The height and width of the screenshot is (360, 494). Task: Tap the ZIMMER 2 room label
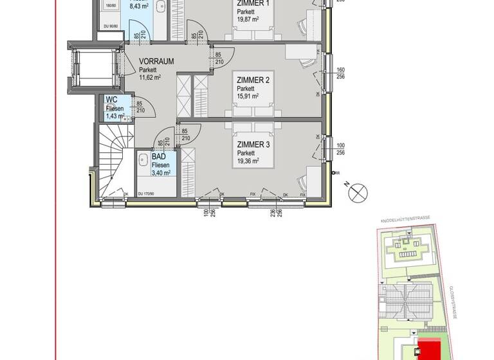[x=252, y=80]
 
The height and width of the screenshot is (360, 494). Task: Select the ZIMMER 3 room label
[x=253, y=145]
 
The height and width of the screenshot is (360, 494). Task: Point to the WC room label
[x=111, y=100]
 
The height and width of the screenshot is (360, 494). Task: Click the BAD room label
[x=159, y=156]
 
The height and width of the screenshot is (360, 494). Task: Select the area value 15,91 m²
[x=248, y=96]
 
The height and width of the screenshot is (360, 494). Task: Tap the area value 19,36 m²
[x=248, y=162]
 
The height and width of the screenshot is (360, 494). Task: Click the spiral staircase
[x=114, y=161]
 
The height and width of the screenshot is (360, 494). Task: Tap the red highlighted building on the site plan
[x=428, y=350]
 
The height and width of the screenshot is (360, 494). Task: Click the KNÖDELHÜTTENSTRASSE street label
[x=405, y=220]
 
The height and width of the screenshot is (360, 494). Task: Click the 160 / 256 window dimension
[x=341, y=73]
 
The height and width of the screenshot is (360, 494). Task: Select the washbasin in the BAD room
[x=143, y=159]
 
